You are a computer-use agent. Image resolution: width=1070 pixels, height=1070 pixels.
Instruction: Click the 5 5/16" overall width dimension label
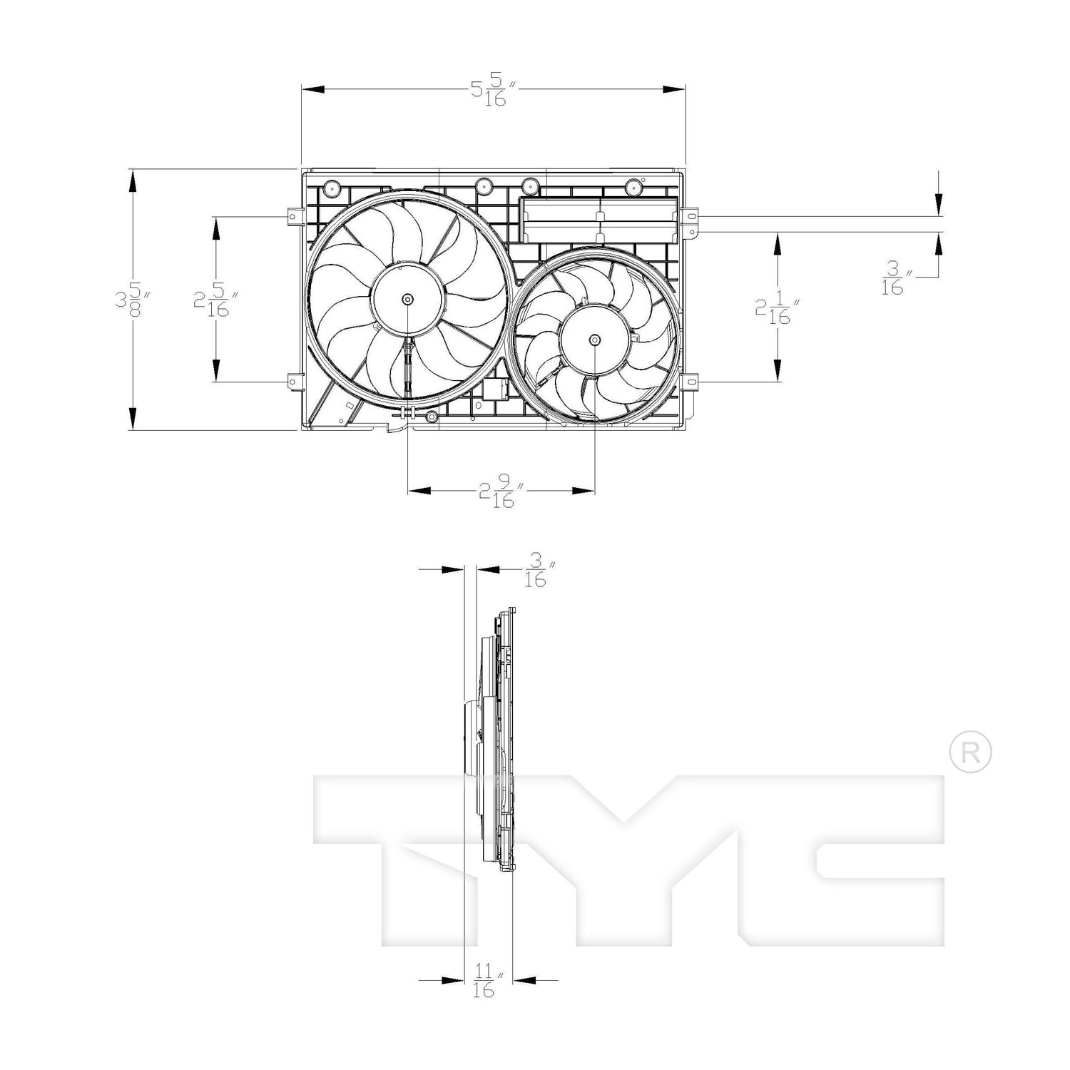(492, 91)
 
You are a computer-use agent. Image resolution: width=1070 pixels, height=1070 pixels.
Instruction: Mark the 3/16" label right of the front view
(893, 278)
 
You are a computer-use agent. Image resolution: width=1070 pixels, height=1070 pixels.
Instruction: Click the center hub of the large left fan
(407, 299)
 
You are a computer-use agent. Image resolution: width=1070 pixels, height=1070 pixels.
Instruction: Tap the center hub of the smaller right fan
(595, 340)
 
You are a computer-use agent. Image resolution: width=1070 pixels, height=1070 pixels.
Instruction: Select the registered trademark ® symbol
(970, 752)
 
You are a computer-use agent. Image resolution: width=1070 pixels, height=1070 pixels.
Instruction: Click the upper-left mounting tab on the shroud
(292, 215)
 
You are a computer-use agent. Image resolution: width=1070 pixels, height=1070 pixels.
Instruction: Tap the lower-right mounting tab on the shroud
(689, 382)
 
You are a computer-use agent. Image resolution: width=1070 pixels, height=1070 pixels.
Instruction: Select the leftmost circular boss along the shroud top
(332, 188)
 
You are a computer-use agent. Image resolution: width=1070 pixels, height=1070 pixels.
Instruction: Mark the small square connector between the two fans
(494, 389)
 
